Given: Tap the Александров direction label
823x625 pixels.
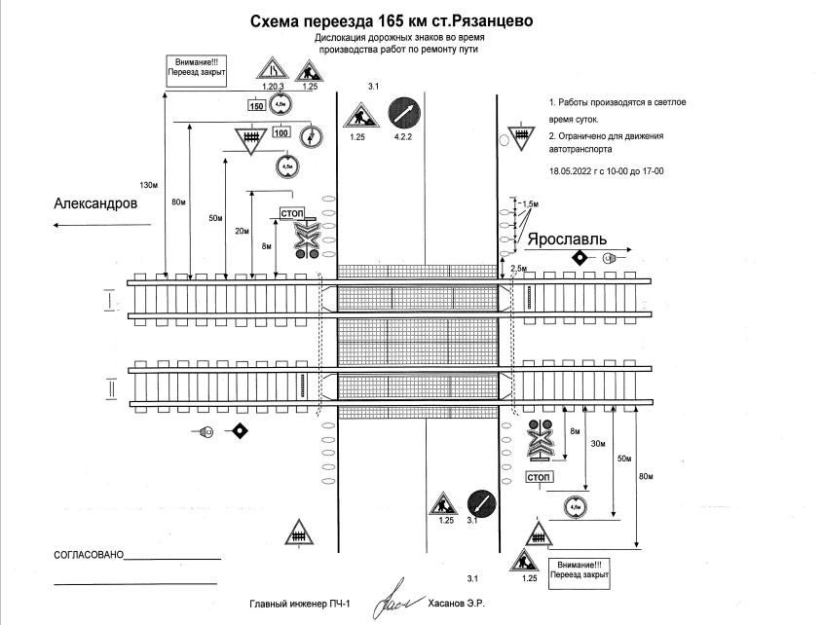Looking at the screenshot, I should [95, 203].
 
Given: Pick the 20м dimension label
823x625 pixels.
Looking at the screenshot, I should [242, 231].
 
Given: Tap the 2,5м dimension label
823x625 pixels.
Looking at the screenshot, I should [518, 268].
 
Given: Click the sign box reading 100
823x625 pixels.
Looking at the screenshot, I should [281, 133].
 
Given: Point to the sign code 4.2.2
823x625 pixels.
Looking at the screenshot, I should [404, 139].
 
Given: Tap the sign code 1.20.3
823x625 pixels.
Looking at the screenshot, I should [272, 87].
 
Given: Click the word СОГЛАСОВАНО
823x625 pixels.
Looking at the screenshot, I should [90, 555].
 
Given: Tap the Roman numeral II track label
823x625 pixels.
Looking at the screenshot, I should [111, 386].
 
